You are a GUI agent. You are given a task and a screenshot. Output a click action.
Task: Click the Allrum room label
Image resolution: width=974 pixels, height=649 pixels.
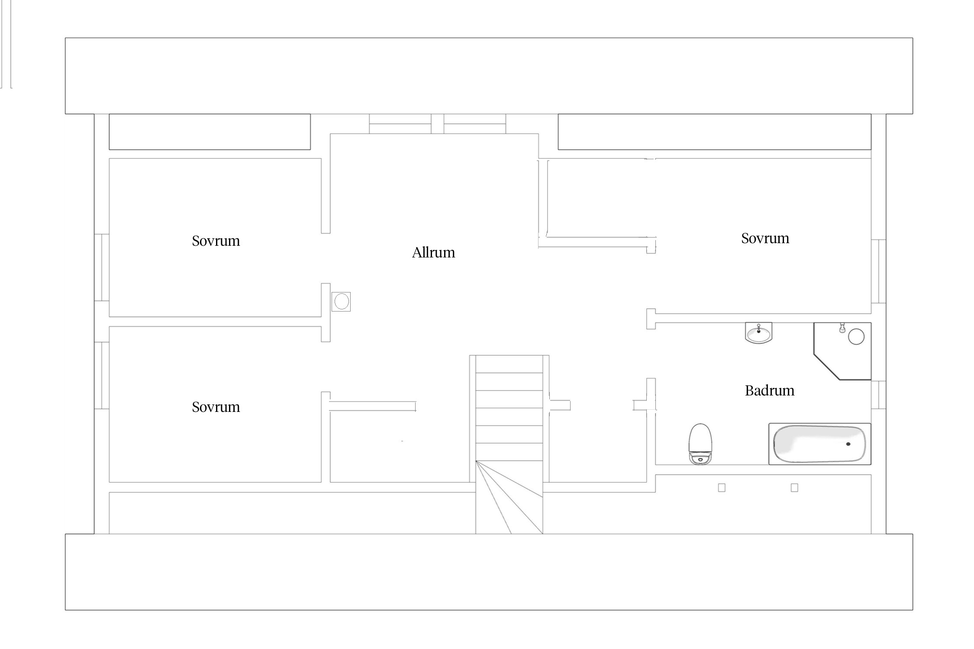433,252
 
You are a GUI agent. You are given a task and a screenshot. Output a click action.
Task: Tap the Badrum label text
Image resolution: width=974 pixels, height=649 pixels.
769,391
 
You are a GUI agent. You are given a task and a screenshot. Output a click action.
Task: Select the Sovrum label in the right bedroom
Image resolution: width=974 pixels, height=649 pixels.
765,238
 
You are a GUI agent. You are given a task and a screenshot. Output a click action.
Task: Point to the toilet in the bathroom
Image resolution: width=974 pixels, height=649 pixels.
700,444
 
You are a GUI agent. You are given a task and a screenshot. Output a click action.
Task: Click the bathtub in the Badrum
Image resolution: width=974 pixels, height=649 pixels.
819,444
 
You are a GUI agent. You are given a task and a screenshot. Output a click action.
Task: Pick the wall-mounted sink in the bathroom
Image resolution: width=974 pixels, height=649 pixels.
758,333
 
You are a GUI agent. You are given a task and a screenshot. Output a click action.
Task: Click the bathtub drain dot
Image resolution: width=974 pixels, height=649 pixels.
848,444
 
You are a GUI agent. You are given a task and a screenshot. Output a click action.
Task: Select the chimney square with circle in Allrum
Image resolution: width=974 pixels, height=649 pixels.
341,302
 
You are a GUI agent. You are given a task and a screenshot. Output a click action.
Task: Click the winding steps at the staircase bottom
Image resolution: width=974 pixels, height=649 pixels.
509,497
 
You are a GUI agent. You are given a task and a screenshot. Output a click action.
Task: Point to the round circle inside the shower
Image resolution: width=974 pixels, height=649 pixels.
856,337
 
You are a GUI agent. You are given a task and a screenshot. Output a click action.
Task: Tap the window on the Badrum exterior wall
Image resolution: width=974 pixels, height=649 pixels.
878,395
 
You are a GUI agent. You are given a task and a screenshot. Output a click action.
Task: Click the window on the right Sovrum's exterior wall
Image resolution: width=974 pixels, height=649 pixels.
878,271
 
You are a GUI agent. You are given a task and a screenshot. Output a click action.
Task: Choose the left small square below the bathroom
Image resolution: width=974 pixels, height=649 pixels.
722,488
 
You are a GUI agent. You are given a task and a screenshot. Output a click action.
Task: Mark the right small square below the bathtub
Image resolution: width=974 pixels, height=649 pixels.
794,488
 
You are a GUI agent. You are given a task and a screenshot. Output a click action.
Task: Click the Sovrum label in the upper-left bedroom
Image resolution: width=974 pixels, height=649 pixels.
216,241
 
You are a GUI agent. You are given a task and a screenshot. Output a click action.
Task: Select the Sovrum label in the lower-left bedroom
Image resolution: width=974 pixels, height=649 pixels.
216,407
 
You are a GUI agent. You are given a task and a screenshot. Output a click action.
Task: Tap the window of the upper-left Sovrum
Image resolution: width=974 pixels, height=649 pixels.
102,267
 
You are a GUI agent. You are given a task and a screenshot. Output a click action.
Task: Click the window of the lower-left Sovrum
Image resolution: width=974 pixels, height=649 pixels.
102,376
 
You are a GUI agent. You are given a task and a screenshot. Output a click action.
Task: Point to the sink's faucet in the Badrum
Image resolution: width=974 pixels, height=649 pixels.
758,328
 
